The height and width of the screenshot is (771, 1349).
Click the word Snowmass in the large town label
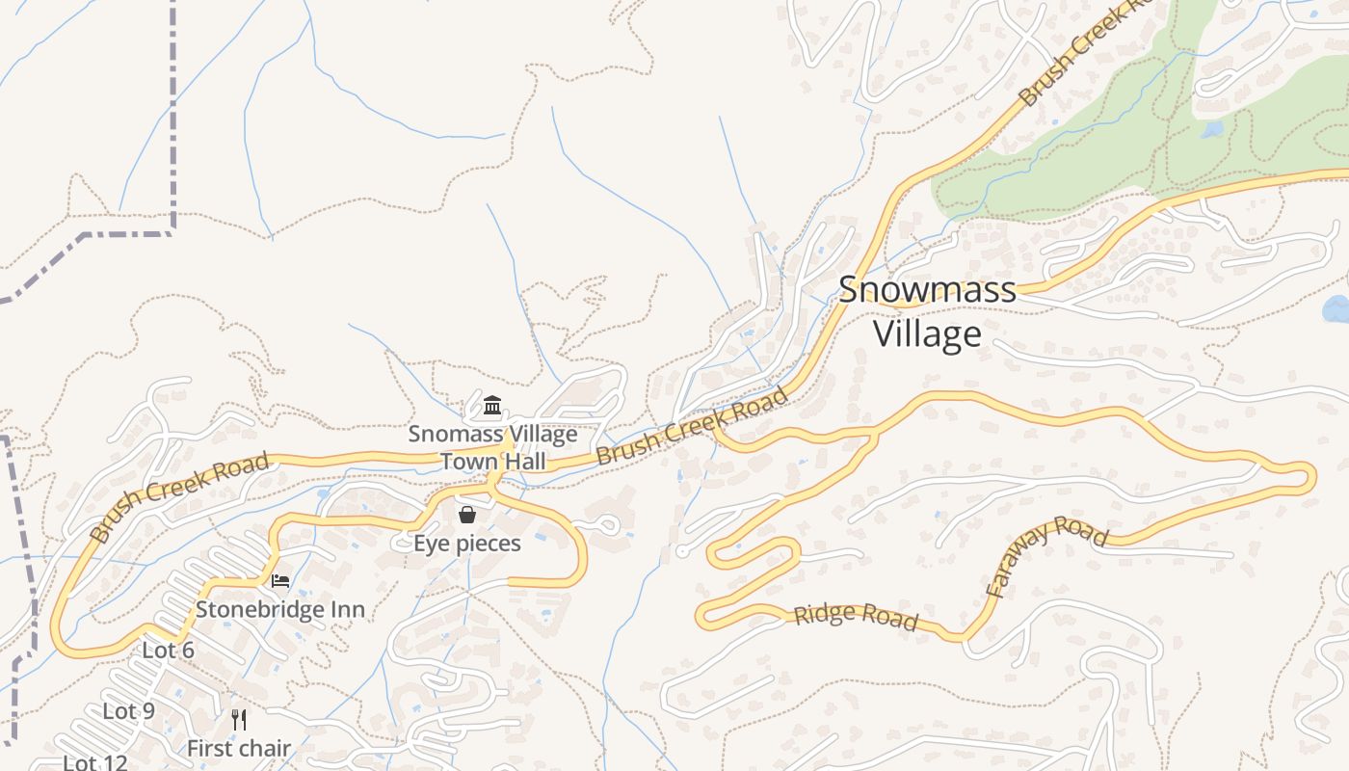coord(927,290)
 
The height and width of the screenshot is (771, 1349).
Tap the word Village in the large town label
coord(927,333)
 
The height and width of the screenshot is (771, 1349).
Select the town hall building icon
coord(492,405)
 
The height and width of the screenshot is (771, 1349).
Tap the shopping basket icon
coord(467,515)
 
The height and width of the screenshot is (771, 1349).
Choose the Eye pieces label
coord(467,544)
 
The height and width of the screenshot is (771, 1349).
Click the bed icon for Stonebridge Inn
coord(280,580)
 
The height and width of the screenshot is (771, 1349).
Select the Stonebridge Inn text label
coord(280,609)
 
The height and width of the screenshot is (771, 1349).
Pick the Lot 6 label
coord(169,651)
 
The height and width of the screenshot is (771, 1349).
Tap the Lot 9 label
coord(129,711)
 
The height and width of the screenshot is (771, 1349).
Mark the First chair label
coord(239,748)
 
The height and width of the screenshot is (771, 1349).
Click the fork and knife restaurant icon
coord(239,719)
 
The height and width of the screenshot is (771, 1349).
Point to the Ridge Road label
coord(856,616)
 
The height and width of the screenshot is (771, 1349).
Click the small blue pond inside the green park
coord(1212,128)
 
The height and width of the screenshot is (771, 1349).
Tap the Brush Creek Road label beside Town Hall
coord(692,425)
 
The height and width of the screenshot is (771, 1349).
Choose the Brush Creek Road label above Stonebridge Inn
coord(179,497)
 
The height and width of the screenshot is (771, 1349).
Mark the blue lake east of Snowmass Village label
coord(1337,309)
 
